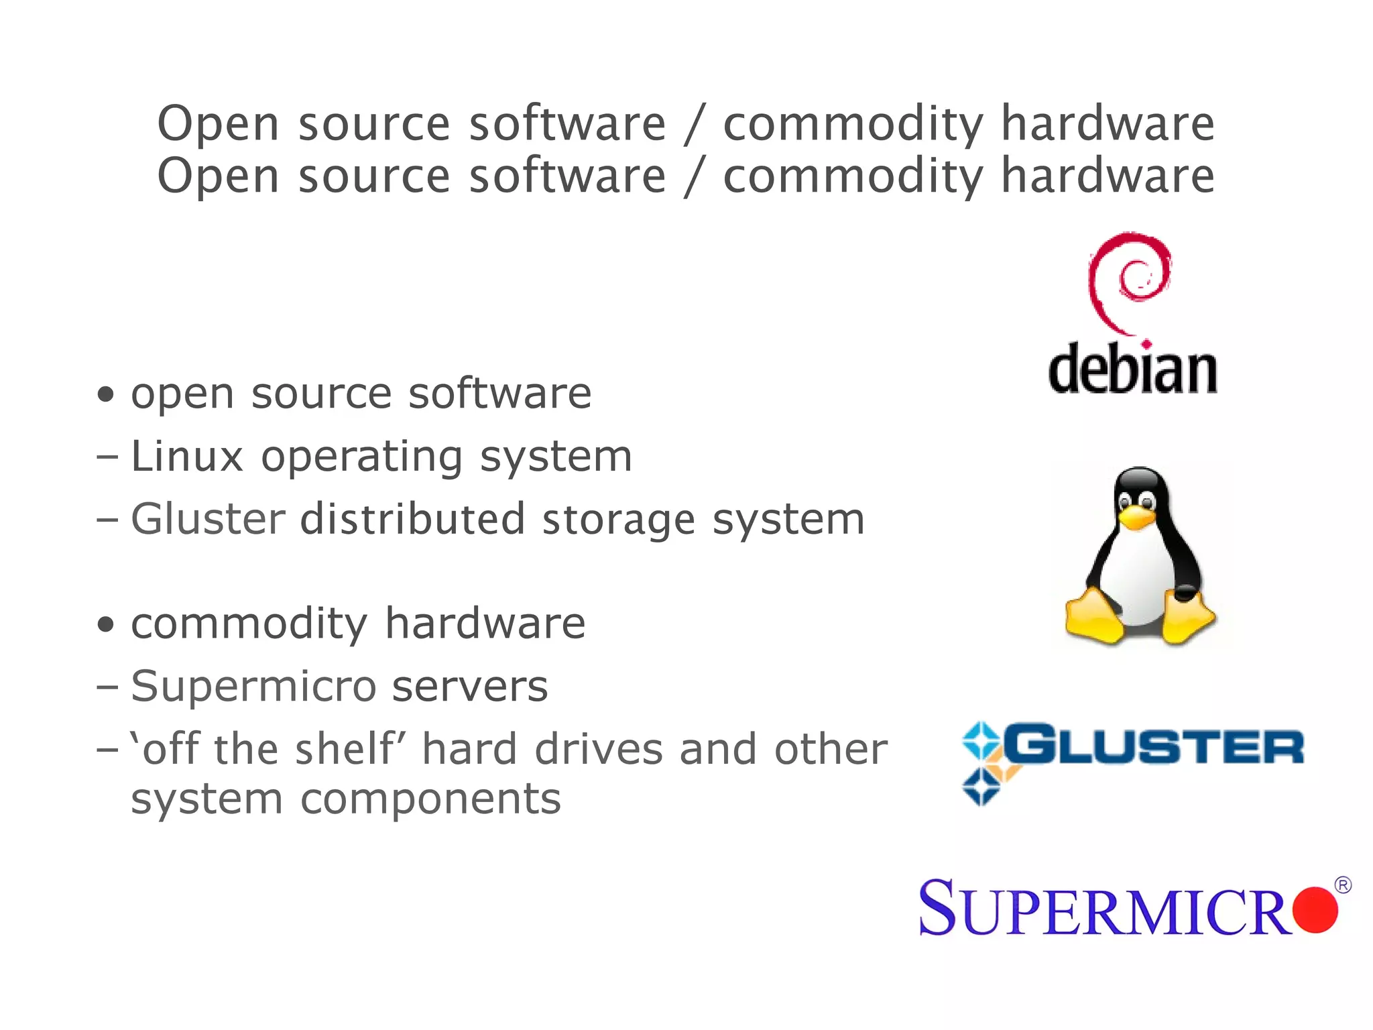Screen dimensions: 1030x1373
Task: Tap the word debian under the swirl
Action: [1132, 369]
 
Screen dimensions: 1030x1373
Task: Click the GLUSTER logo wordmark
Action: [1153, 746]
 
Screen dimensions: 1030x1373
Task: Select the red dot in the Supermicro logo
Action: [1315, 909]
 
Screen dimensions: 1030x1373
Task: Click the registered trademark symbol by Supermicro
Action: [1343, 885]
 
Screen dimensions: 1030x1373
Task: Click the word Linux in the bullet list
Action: [186, 457]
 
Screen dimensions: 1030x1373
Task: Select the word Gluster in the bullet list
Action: [208, 520]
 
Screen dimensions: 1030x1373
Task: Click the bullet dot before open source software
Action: [105, 394]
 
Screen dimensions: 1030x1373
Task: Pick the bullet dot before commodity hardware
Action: [105, 624]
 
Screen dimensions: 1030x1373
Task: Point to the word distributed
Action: [412, 520]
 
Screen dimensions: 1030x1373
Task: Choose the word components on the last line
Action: [430, 799]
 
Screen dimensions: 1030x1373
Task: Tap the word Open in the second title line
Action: [218, 176]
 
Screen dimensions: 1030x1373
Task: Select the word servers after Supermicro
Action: [469, 687]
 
